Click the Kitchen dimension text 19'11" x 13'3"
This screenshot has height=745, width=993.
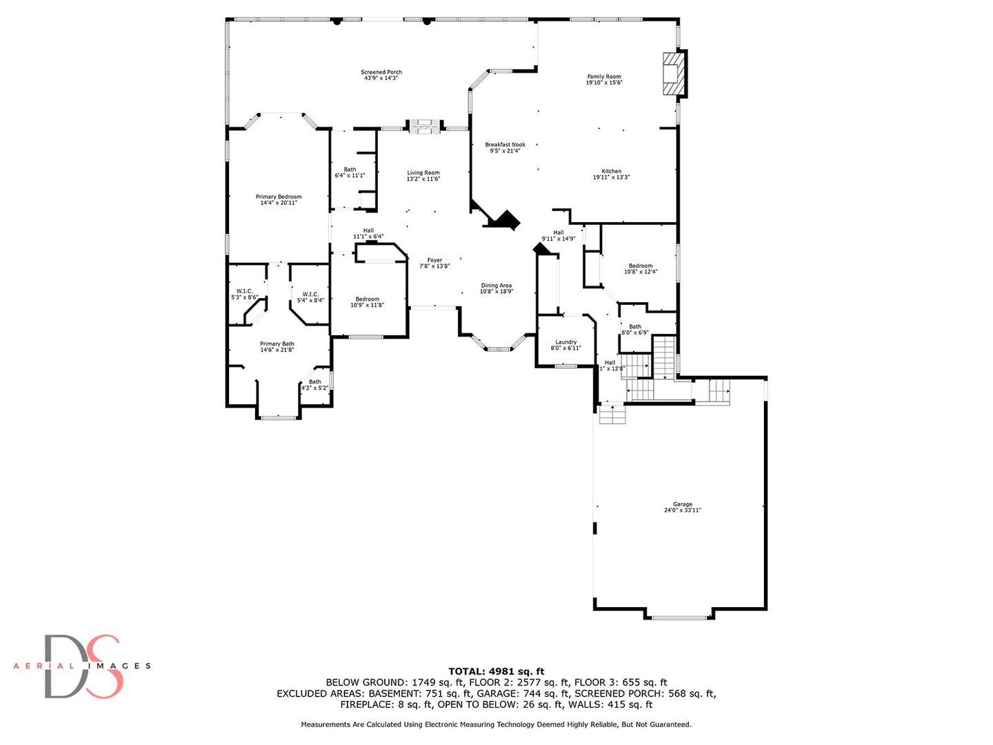611,177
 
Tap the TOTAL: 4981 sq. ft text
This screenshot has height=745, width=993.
496,671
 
